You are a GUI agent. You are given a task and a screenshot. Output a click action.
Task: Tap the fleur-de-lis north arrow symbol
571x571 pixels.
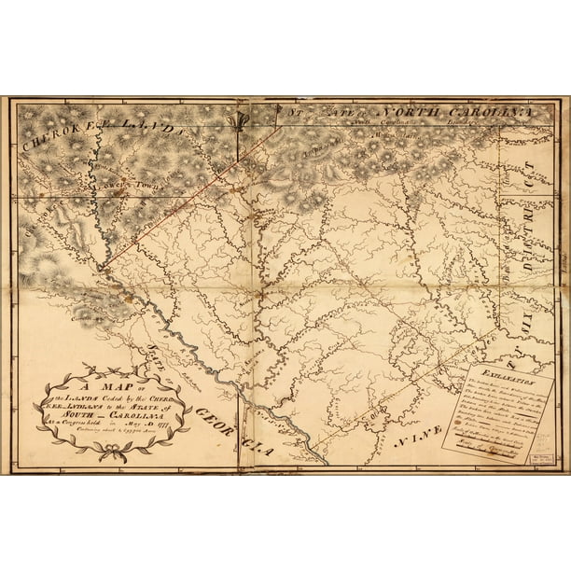point(246,119)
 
